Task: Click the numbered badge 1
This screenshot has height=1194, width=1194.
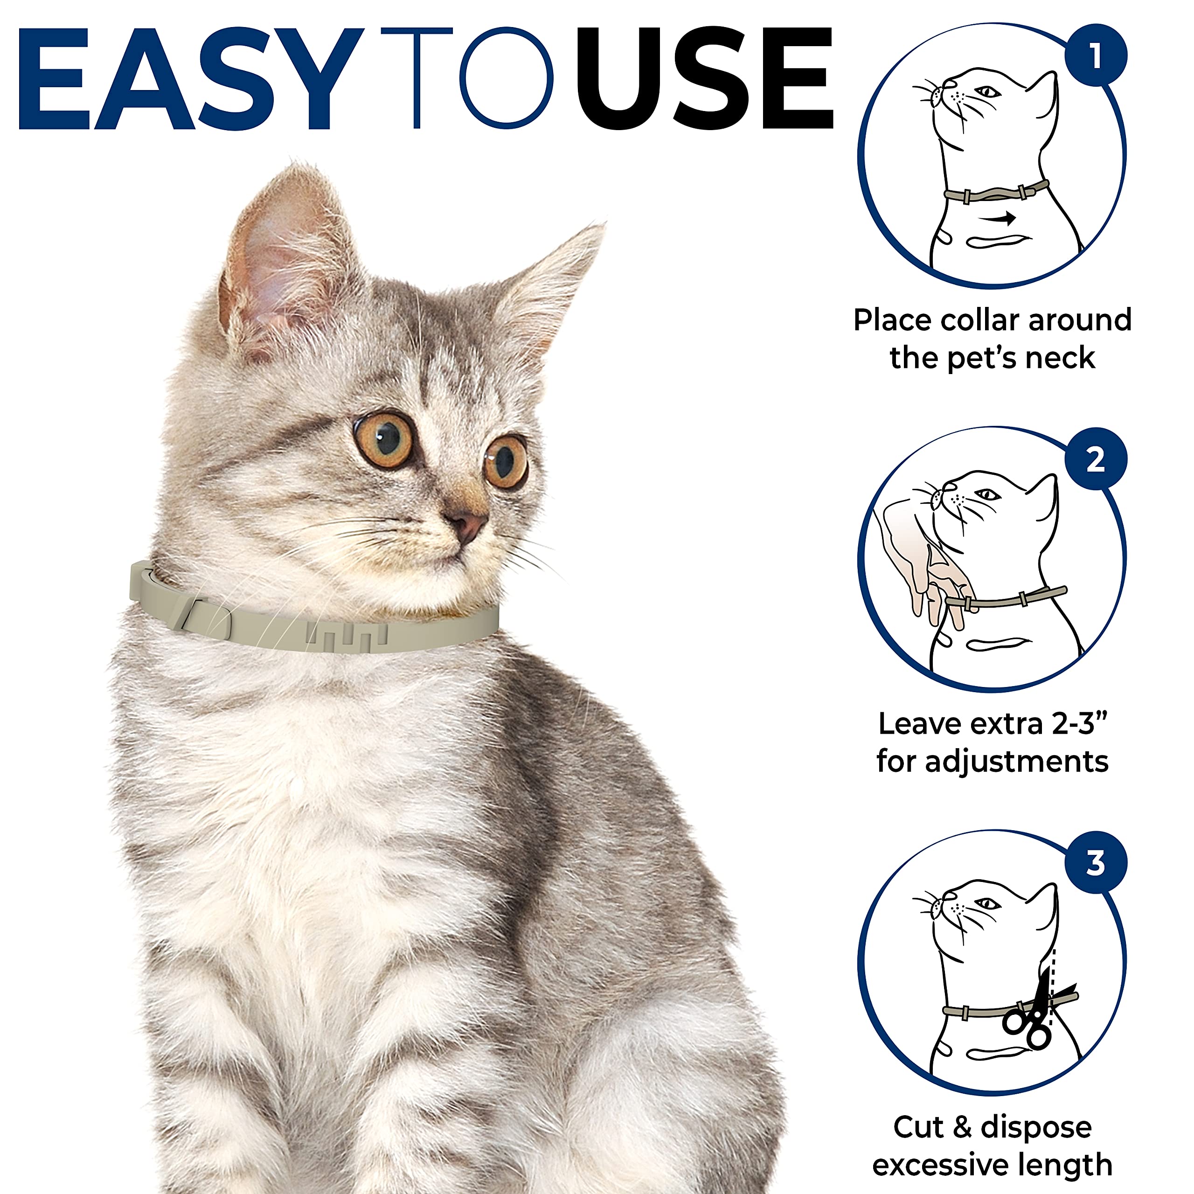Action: coord(1096,56)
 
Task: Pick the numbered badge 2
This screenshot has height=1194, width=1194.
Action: coord(1096,459)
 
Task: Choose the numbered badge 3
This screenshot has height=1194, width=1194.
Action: coord(1096,863)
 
